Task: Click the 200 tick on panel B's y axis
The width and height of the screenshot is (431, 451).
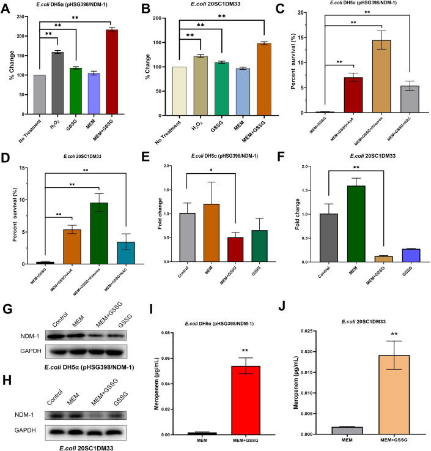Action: click(x=166, y=18)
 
